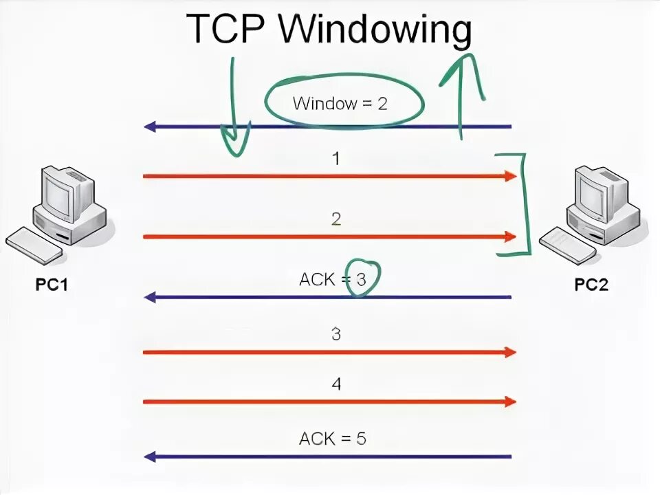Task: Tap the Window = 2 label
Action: (340, 104)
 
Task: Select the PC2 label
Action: (591, 284)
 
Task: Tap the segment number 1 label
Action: (336, 159)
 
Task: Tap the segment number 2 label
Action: (336, 219)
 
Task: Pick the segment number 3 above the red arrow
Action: (336, 335)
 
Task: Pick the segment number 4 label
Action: (336, 384)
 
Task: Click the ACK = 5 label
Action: (333, 438)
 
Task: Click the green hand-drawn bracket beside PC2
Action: (527, 206)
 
